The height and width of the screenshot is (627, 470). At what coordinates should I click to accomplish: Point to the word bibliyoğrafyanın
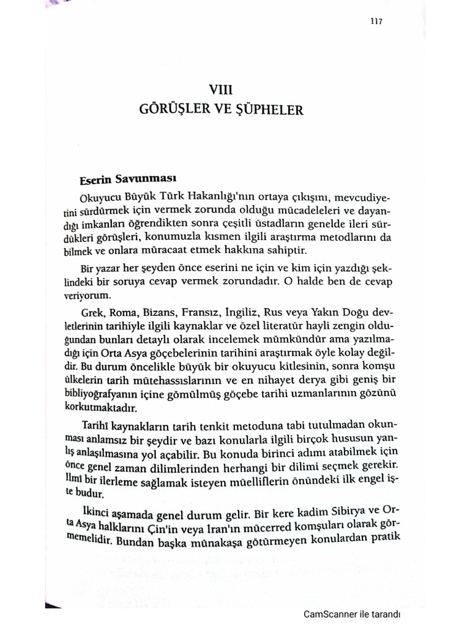coord(117,392)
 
